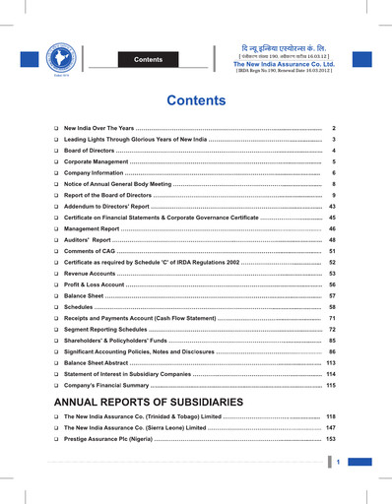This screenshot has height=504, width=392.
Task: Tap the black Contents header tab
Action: [148, 60]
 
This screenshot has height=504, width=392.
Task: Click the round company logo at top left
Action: [37, 56]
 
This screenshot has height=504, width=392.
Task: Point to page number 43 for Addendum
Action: [332, 208]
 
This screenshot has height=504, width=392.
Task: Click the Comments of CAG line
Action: [93, 253]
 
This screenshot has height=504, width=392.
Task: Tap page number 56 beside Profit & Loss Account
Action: [333, 284]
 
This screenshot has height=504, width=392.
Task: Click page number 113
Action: [331, 363]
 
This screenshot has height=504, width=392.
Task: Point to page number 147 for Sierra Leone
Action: [331, 428]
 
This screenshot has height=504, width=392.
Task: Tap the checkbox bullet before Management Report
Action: [56, 228]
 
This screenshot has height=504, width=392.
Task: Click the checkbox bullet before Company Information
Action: [56, 172]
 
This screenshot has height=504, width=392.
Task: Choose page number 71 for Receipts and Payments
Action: [333, 320]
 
